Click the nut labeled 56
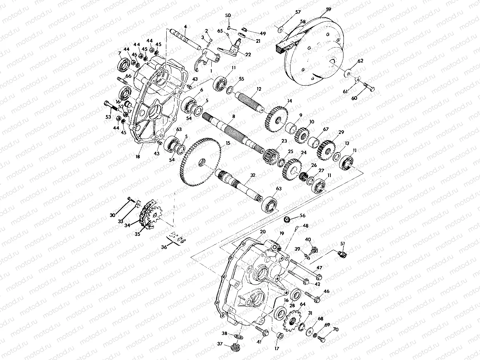pos(286,219)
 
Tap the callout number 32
pos(253,175)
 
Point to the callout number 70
pos(335,330)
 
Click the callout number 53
pos(108,117)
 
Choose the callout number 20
pos(263,232)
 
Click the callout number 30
pos(113,216)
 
